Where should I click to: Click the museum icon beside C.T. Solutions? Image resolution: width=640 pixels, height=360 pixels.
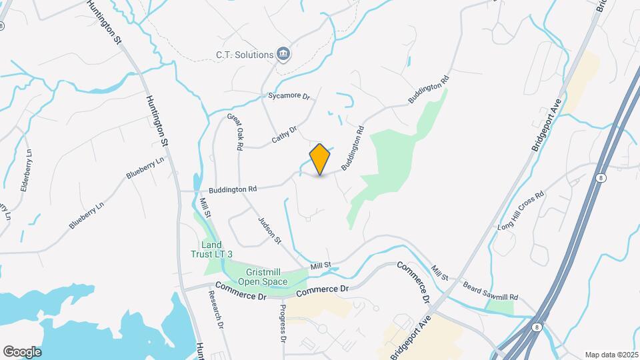[x=284, y=54]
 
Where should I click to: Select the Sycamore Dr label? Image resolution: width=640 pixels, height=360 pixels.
[x=289, y=96]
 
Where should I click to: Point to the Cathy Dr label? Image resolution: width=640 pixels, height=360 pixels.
[x=283, y=133]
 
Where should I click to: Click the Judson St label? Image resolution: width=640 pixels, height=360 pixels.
[x=270, y=229]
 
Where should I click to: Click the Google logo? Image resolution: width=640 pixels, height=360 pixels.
[x=21, y=351]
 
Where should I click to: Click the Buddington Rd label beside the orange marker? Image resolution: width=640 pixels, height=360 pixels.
[x=353, y=148]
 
